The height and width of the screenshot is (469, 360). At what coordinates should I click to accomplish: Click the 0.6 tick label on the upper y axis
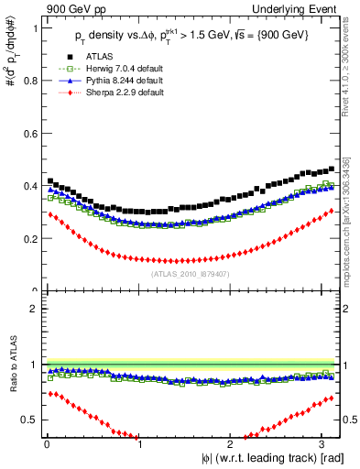pos(28,134)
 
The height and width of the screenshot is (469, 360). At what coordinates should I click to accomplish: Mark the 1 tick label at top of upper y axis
pos(34,28)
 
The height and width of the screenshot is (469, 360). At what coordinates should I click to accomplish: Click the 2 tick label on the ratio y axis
pos(34,309)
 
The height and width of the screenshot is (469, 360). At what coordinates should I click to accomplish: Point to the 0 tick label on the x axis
pos(46,446)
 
